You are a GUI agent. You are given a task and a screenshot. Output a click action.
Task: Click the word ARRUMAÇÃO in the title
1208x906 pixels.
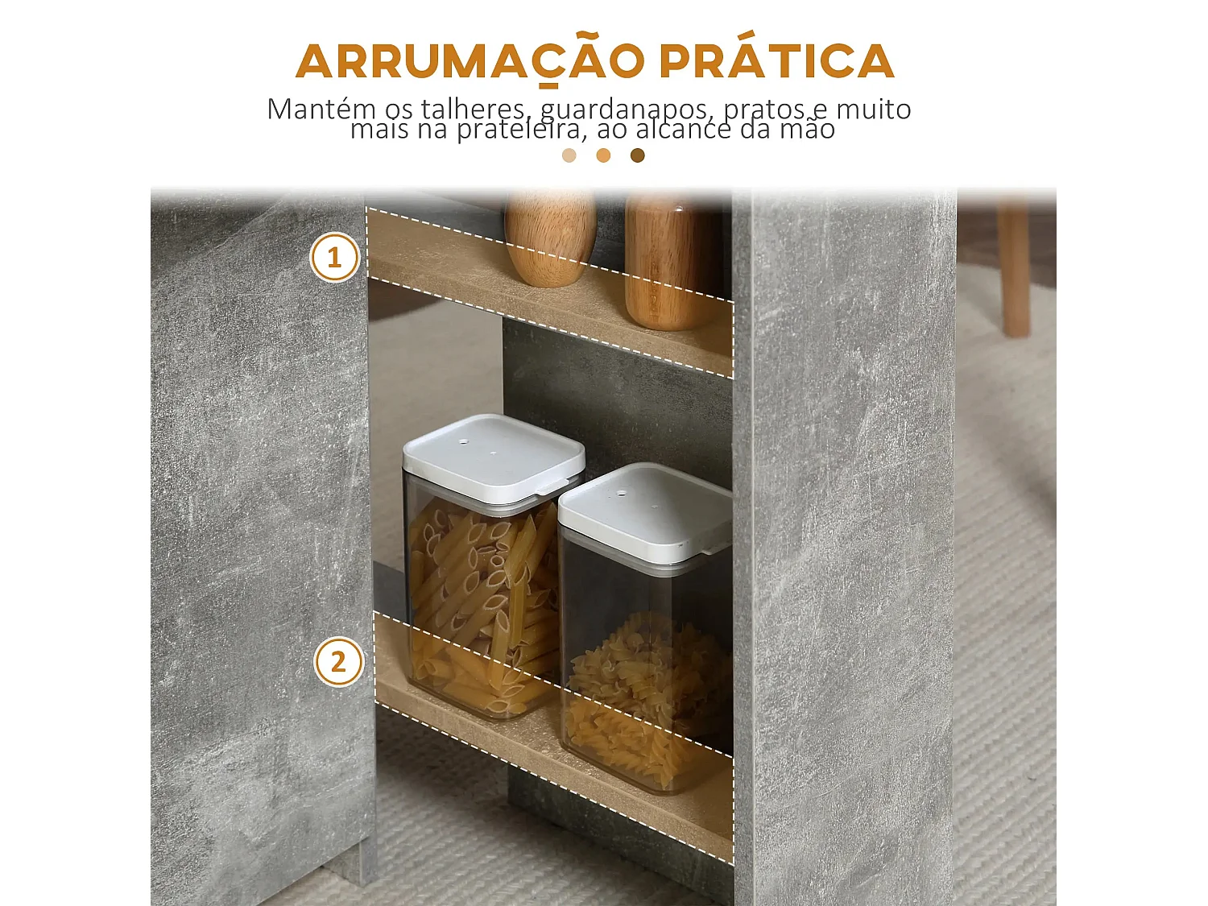click(x=470, y=61)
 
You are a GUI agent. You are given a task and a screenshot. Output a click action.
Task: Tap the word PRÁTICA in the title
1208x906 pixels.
click(x=777, y=61)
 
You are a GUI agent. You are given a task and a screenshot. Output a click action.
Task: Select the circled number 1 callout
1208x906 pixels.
click(x=334, y=258)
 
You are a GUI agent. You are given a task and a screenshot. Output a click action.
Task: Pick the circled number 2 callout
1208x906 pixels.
click(x=338, y=662)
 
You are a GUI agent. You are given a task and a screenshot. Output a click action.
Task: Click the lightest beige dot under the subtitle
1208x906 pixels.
click(x=569, y=155)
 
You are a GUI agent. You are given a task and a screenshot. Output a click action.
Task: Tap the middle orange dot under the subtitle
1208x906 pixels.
click(x=603, y=155)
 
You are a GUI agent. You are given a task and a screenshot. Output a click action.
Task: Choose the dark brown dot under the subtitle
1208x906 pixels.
click(x=638, y=155)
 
